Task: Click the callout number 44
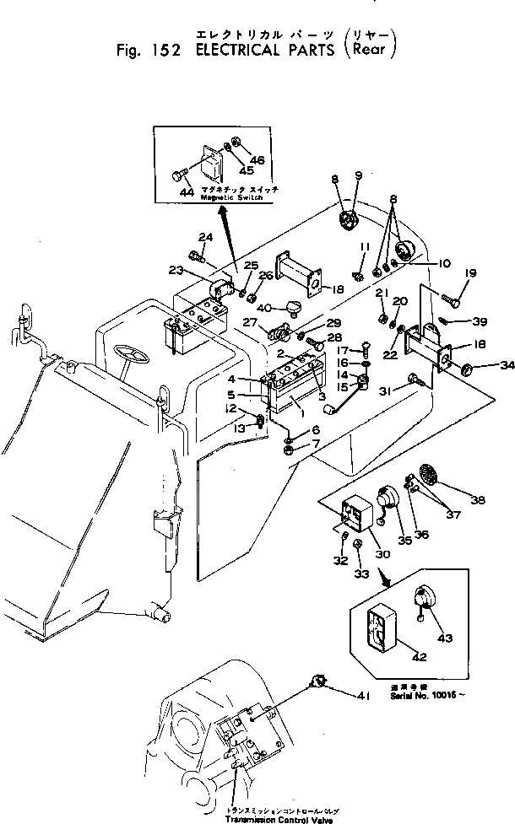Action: click(x=187, y=191)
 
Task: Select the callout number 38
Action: click(x=479, y=500)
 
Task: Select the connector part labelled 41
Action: click(x=320, y=682)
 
